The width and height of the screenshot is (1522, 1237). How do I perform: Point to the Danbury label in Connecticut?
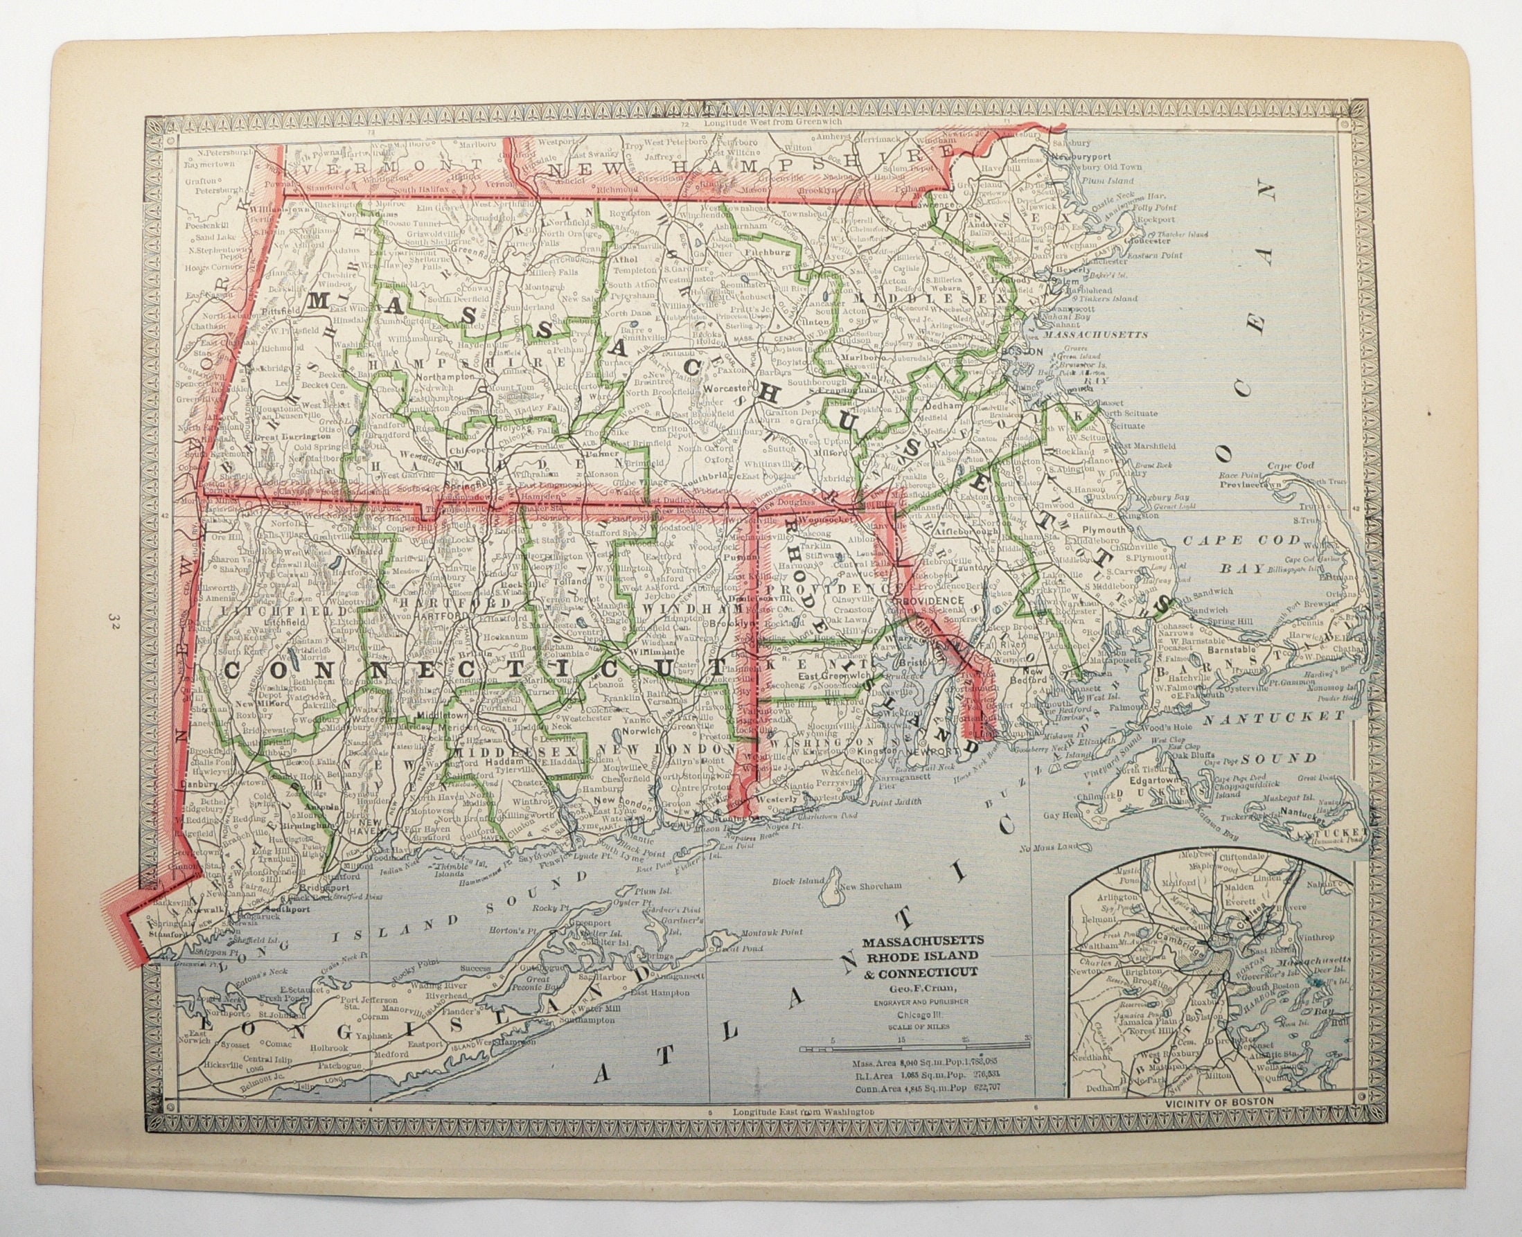(202, 784)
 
